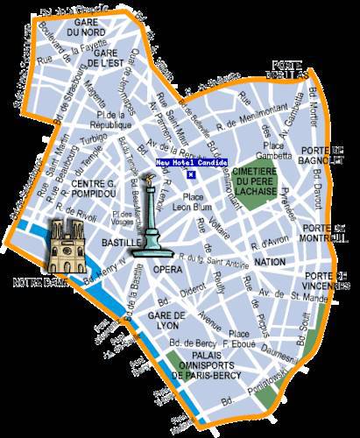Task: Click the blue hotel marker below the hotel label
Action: [190, 174]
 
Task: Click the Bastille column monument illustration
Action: [152, 219]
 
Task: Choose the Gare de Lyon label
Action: [163, 319]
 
